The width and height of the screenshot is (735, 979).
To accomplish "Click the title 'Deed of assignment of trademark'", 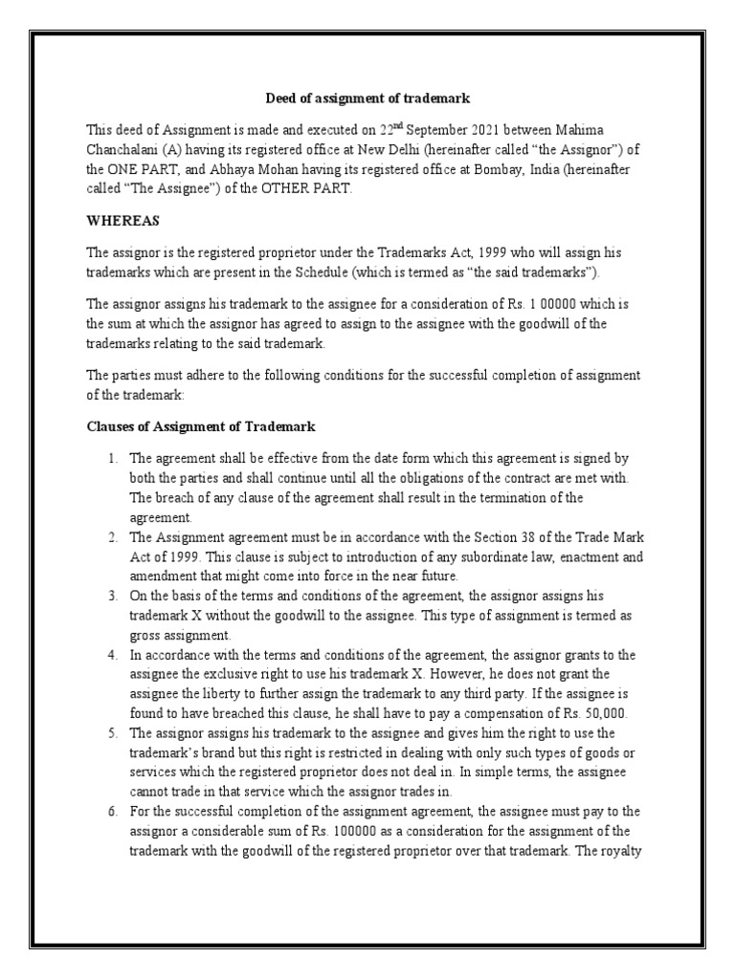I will click(367, 98).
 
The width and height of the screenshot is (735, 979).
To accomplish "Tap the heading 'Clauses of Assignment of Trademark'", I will click(201, 425).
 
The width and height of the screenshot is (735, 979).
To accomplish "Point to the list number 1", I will click(112, 459).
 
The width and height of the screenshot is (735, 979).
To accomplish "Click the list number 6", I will click(112, 811).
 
